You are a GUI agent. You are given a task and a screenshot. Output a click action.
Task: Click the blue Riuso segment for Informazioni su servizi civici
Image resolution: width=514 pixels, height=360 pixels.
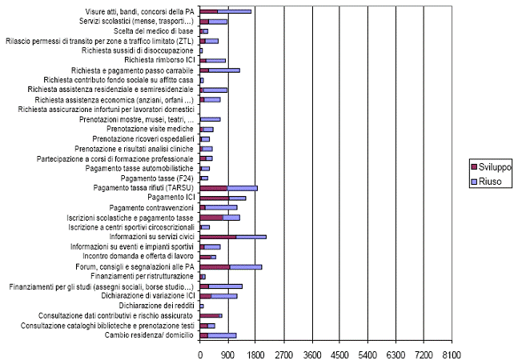tap(251, 237)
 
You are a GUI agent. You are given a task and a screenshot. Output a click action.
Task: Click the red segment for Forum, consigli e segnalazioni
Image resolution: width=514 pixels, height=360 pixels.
tap(215, 266)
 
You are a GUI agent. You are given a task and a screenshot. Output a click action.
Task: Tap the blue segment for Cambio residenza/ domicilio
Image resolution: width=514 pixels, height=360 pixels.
tap(222, 335)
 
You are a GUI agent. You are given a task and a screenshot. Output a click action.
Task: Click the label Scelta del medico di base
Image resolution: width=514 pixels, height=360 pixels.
tap(148, 30)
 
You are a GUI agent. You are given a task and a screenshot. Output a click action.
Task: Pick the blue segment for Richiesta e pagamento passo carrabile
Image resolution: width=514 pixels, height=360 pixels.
tap(224, 70)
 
